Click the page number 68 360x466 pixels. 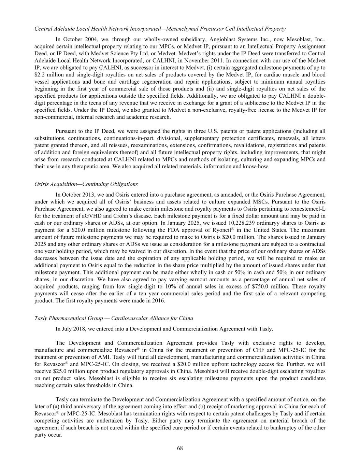(180, 448)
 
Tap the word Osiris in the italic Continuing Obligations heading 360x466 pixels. (42, 184)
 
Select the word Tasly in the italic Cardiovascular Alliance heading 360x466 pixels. (41, 318)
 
